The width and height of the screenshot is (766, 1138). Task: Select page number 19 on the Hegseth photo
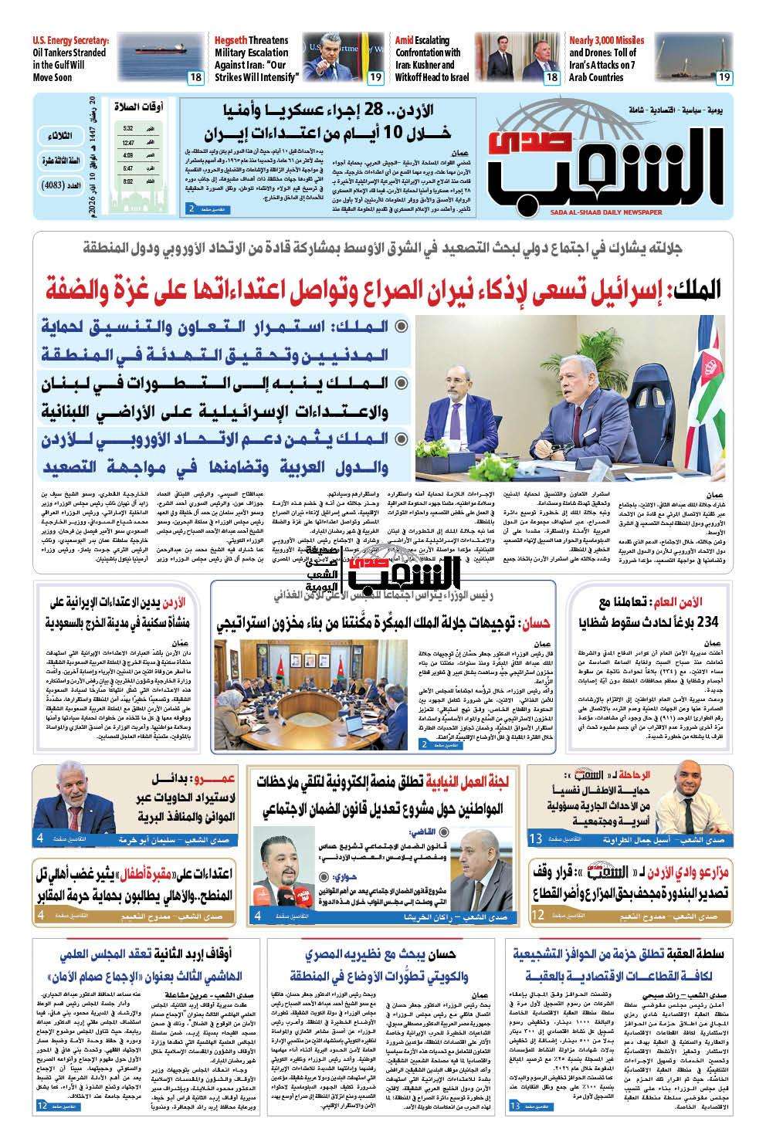[375, 77]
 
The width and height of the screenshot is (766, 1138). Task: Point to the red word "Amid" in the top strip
[405, 40]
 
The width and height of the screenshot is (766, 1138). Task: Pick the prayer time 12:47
[127, 143]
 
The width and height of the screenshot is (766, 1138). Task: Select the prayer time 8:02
[127, 181]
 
